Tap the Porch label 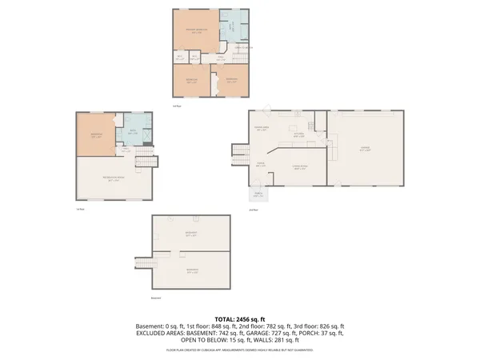[257, 194]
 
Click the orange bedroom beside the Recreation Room [95, 135]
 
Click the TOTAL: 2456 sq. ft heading [240, 318]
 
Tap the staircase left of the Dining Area [239, 150]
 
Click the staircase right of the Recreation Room [144, 161]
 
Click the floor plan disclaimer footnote [240, 350]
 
